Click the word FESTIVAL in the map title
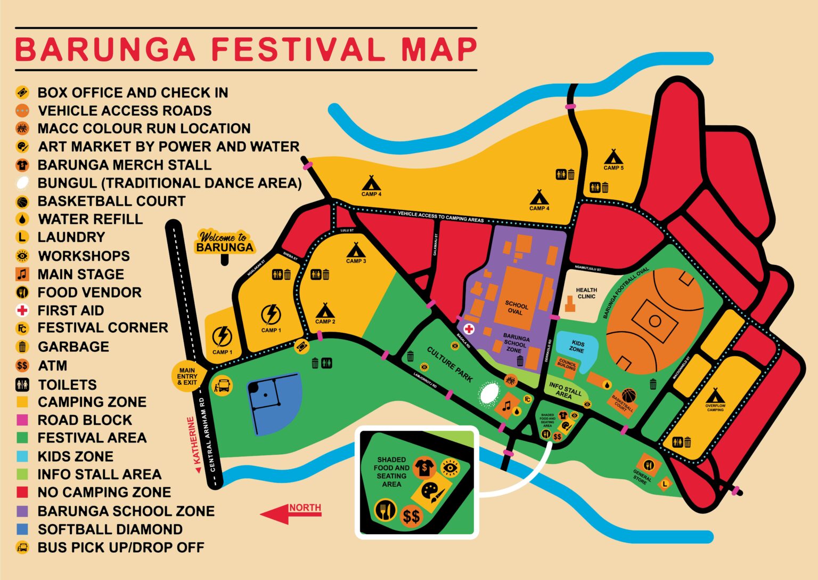[x=298, y=49]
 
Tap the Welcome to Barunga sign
[x=225, y=243]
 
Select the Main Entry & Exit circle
[x=187, y=376]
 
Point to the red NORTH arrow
[x=290, y=513]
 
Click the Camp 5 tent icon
[x=613, y=157]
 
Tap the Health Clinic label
[x=586, y=293]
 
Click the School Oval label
[x=516, y=308]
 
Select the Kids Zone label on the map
[x=577, y=347]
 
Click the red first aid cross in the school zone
[x=469, y=329]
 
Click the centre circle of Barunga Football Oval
[x=655, y=321]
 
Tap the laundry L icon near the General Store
[x=664, y=484]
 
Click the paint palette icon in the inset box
[x=429, y=491]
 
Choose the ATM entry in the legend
[x=52, y=366]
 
